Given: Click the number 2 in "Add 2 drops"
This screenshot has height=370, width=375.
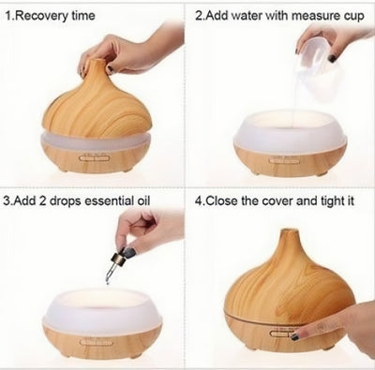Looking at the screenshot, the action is click(x=42, y=200).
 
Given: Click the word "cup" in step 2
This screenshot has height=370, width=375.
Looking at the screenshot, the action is click(x=354, y=17).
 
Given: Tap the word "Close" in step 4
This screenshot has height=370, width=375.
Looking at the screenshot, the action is click(x=222, y=200).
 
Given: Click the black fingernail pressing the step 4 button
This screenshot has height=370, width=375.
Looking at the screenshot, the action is click(x=295, y=336).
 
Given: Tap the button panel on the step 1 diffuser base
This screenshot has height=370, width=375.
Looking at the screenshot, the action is click(x=96, y=158).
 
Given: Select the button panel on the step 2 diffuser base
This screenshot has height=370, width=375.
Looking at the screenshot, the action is click(x=285, y=160).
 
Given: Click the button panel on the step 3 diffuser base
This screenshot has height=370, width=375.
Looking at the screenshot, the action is click(x=96, y=343).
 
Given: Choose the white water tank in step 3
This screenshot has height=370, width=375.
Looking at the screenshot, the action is click(x=102, y=312).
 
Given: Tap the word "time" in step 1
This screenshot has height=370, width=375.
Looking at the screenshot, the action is click(x=83, y=15).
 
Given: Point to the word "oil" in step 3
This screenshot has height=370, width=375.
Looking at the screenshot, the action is click(x=143, y=200).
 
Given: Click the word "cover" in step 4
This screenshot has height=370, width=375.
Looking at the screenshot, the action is click(x=277, y=201).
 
